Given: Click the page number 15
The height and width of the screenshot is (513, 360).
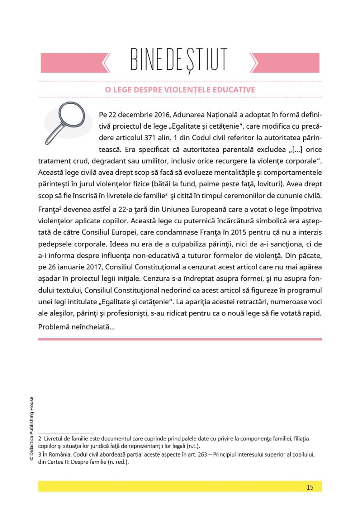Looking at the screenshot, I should pos(310,487).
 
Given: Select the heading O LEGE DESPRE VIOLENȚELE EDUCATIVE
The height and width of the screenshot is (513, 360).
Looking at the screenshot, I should pos(180,90).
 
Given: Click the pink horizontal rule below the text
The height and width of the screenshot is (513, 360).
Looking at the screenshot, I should pos(180,339).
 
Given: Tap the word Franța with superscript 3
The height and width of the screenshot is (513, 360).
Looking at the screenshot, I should pos(47,210).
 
